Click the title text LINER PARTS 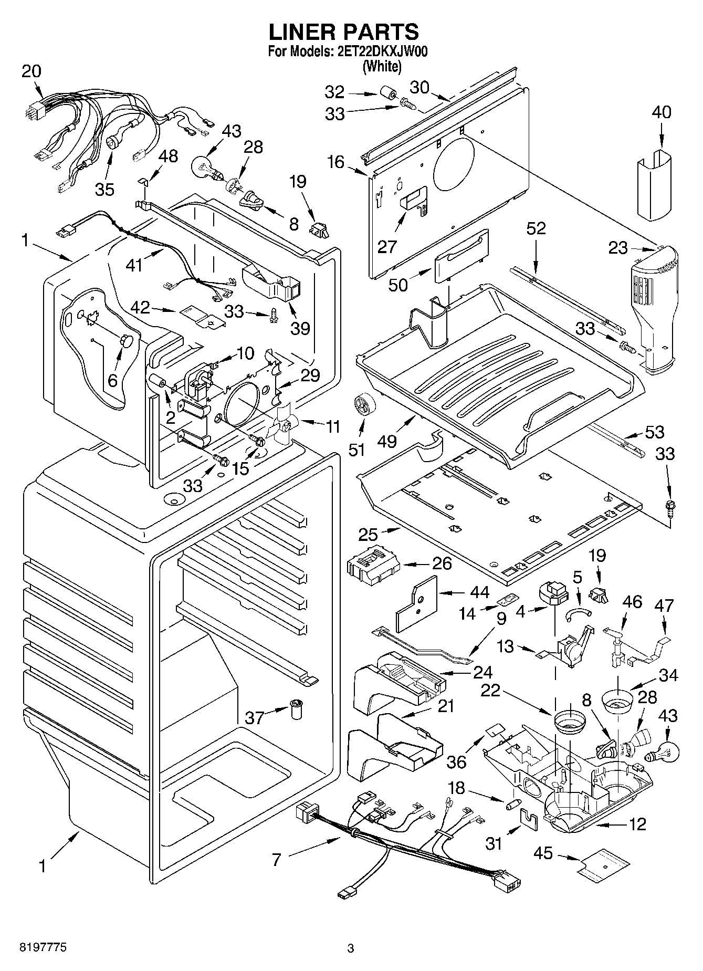[x=344, y=32]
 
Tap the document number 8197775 [x=44, y=948]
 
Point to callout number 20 [x=32, y=71]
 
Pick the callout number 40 [x=662, y=112]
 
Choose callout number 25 [x=370, y=535]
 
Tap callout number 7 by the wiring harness [x=277, y=860]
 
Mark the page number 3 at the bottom [x=351, y=948]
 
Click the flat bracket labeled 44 [x=417, y=604]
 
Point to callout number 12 [x=637, y=824]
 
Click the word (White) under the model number [x=382, y=67]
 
